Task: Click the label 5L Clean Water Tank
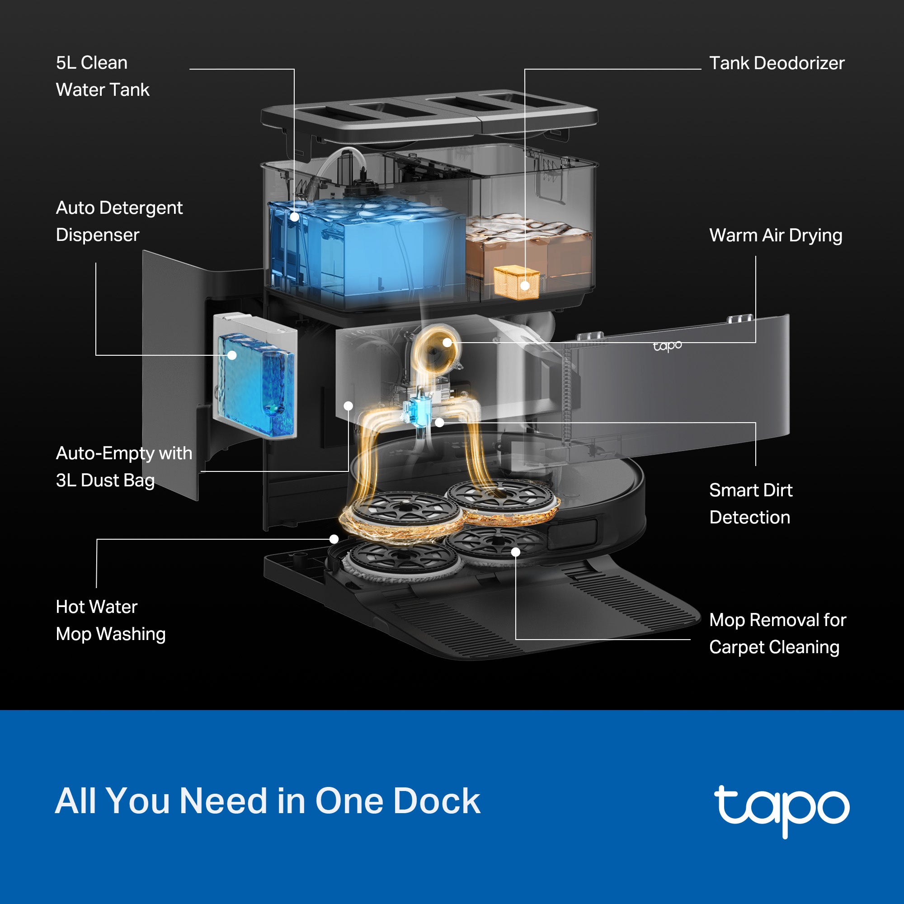click(102, 76)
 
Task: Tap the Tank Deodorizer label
click(776, 63)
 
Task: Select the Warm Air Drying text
click(775, 235)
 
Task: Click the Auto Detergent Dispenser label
click(119, 221)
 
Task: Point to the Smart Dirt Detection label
click(750, 504)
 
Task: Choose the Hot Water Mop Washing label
click(110, 620)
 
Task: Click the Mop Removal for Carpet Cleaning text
click(777, 633)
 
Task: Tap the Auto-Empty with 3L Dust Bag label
click(123, 466)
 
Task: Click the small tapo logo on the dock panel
click(667, 346)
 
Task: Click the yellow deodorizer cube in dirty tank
click(516, 282)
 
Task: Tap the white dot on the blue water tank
click(294, 217)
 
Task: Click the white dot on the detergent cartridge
click(231, 355)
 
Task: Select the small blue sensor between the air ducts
click(416, 411)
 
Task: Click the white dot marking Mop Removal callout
click(516, 552)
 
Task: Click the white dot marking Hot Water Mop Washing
click(334, 539)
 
